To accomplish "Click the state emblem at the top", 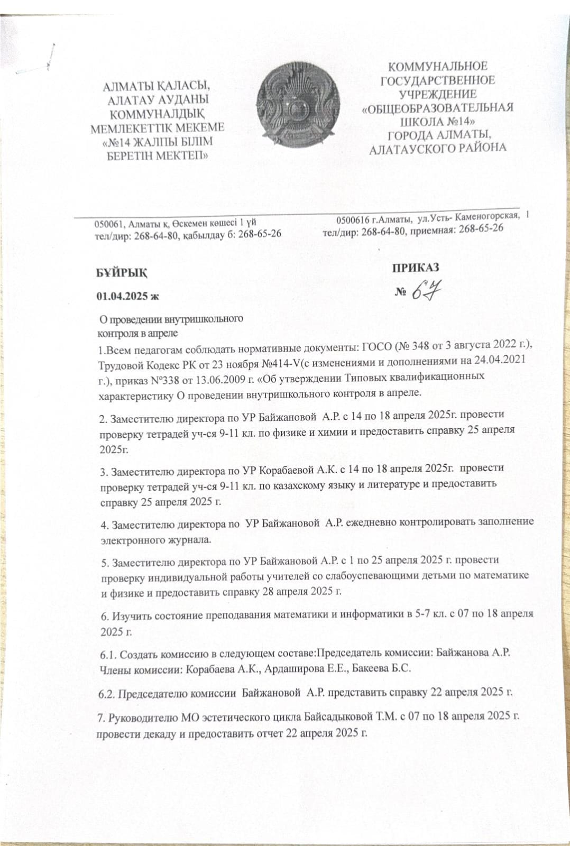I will (x=295, y=108).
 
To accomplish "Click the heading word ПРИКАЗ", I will (x=415, y=268).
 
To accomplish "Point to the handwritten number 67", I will (x=426, y=292).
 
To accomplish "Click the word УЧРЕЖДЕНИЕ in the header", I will (x=438, y=94).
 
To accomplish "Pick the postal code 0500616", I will (x=354, y=219).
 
